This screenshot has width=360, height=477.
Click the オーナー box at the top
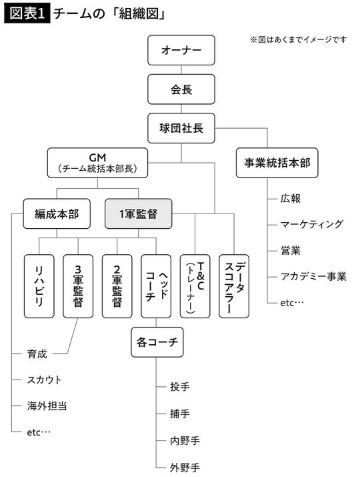181,51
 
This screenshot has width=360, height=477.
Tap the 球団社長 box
181,127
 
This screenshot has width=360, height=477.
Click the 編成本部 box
57,214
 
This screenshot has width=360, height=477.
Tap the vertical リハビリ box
39,285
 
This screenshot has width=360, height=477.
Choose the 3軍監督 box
78,285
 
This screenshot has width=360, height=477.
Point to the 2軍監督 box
117,285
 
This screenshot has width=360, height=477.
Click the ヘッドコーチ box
156,285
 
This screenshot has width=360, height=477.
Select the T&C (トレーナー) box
195,285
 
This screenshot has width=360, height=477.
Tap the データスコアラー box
234,285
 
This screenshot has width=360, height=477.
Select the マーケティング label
312,224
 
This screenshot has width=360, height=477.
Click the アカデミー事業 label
314,276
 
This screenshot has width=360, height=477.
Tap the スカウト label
44,380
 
